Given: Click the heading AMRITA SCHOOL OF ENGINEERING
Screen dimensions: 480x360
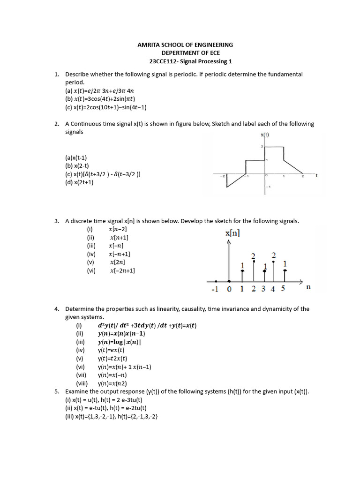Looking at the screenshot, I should pyautogui.click(x=185, y=45).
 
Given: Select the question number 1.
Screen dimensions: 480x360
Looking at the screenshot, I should pyautogui.click(x=56, y=74).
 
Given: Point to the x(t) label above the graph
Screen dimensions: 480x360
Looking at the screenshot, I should pyautogui.click(x=265, y=135).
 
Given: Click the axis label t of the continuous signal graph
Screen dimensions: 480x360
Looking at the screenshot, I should pyautogui.click(x=317, y=176).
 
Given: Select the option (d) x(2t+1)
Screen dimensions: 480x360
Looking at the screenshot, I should pyautogui.click(x=79, y=182).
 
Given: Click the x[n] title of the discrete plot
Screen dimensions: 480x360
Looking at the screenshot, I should pyautogui.click(x=233, y=233).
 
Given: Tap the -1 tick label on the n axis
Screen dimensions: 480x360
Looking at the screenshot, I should pyautogui.click(x=214, y=289).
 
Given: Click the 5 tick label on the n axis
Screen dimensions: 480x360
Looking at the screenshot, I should pyautogui.click(x=283, y=289).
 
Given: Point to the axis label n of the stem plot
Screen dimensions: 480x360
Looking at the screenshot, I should pyautogui.click(x=308, y=287).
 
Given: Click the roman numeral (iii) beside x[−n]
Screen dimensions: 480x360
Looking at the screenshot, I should pyautogui.click(x=91, y=245).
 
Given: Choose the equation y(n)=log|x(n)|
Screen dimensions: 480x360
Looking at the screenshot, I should pyautogui.click(x=119, y=342).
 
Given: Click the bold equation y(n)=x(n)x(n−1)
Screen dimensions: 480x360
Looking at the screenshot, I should pyautogui.click(x=121, y=334).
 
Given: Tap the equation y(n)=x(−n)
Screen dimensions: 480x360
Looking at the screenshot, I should pyautogui.click(x=112, y=375).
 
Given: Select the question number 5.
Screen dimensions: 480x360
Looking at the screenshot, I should pyautogui.click(x=56, y=391).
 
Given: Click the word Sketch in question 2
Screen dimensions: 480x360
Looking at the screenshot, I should pyautogui.click(x=222, y=124).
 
